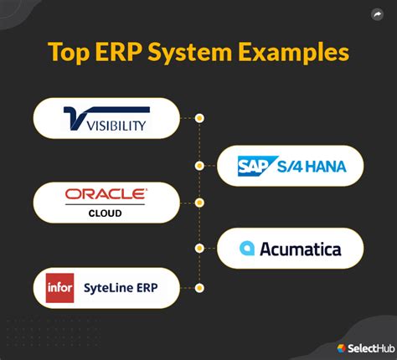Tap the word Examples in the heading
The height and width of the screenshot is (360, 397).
click(294, 54)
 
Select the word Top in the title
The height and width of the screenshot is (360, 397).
click(69, 54)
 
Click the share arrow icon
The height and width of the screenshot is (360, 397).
click(377, 14)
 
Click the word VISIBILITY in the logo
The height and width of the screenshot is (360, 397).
click(116, 126)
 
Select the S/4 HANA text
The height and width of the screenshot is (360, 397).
click(312, 167)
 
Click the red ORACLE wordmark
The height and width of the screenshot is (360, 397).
click(106, 194)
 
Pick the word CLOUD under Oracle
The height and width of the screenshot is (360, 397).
click(105, 213)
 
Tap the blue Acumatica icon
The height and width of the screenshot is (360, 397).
click(247, 248)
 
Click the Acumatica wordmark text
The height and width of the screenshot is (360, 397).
click(301, 249)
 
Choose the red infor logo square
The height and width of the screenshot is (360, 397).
click(60, 288)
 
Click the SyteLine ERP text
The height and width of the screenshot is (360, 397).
click(121, 288)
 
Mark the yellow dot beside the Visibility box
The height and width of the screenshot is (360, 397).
click(199, 118)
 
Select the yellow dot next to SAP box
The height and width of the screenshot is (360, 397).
click(199, 166)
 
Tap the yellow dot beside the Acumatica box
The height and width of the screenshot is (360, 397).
click(199, 248)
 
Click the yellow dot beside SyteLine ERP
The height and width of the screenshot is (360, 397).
click(199, 288)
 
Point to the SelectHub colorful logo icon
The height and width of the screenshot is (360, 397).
click(341, 348)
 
